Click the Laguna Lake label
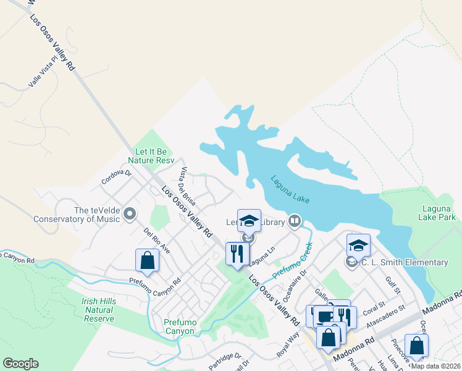point(290,190)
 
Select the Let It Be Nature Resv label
point(151,155)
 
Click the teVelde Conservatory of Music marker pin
point(130,215)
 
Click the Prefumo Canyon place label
point(179,326)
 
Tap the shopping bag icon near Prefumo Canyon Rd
point(147,261)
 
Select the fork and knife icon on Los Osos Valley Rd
point(237,253)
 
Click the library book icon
point(295,221)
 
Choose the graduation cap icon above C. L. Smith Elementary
point(358,245)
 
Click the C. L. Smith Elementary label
point(405,263)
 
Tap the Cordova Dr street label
point(117,177)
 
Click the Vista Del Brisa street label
point(187,182)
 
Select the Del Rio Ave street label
point(157,241)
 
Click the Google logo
point(20,364)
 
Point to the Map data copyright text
point(435,365)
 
